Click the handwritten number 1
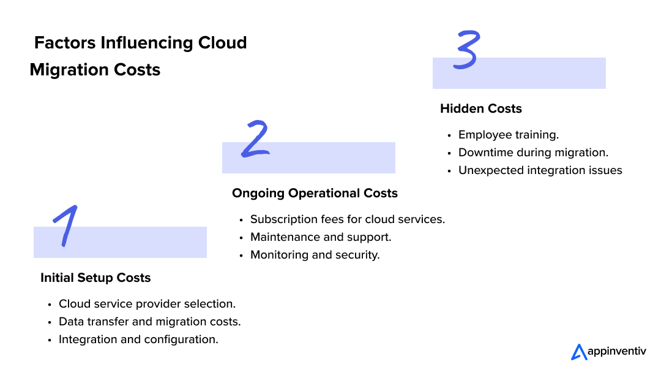pos(65,225)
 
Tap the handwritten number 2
pos(255,140)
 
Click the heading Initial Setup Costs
pos(95,278)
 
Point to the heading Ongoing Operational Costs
pos(315,193)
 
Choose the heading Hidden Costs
pos(481,108)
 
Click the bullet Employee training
pos(509,135)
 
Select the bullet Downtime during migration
pos(533,153)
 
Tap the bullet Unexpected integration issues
pos(540,170)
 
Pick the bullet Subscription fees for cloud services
pos(347,219)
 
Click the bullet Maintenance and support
pos(321,237)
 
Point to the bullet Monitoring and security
pos(315,255)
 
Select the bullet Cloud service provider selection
pos(147,304)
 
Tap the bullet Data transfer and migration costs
pos(149,322)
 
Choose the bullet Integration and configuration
pos(138,339)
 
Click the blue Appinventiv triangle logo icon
pos(578,352)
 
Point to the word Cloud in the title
pos(222,43)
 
